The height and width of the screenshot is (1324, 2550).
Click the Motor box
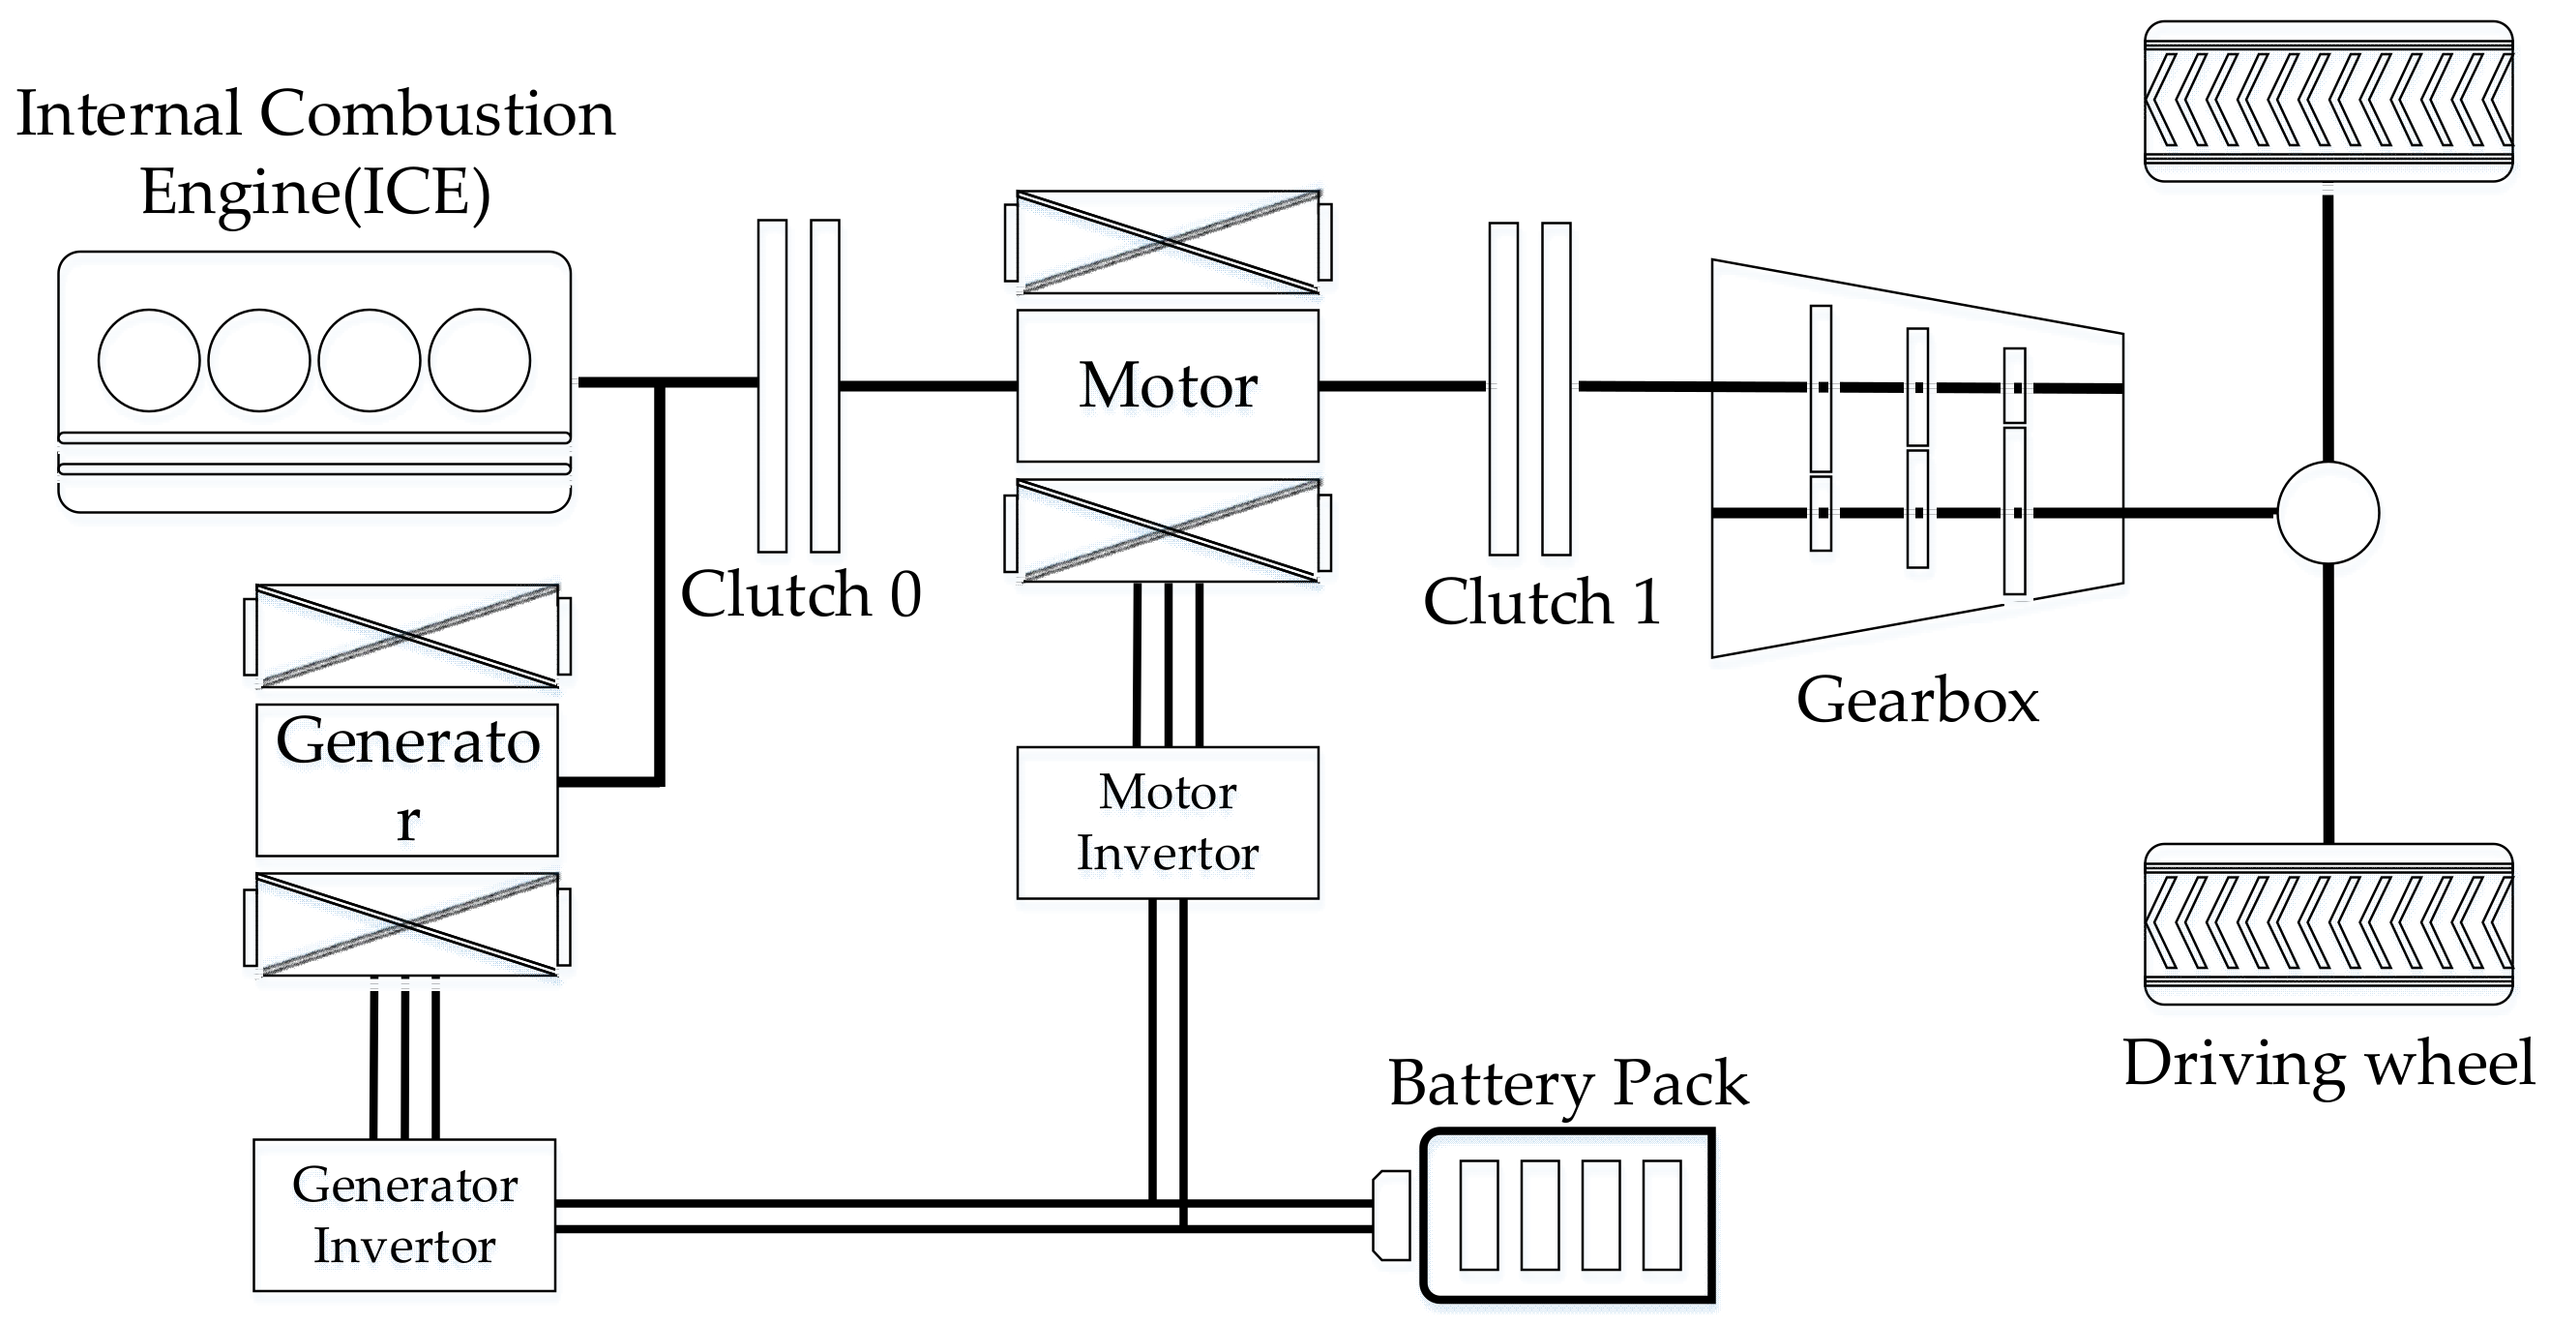click(x=1167, y=385)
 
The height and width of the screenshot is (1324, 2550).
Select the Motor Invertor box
click(x=1167, y=822)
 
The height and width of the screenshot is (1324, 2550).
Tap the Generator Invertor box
click(x=404, y=1214)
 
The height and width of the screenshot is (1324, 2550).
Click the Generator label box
click(x=407, y=779)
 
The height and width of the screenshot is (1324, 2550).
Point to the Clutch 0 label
click(x=800, y=594)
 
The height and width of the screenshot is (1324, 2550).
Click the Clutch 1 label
click(x=1541, y=601)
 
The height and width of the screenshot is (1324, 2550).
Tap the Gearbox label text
click(x=1916, y=700)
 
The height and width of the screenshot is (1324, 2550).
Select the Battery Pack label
click(x=1568, y=1082)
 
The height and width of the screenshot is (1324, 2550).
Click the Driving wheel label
click(x=2328, y=1063)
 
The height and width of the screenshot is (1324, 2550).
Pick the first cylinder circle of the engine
click(x=148, y=359)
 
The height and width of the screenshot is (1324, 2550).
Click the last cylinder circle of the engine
click(x=479, y=359)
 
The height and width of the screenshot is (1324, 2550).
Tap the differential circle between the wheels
click(x=2328, y=513)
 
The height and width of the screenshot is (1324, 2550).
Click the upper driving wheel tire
click(x=2328, y=101)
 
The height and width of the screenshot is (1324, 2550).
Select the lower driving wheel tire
click(x=2328, y=924)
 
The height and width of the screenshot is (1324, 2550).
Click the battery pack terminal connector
click(x=1391, y=1215)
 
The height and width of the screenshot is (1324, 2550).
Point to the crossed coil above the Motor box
click(x=1168, y=242)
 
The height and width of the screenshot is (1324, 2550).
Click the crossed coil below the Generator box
click(x=407, y=925)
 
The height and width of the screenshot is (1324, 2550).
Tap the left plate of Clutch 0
click(x=772, y=385)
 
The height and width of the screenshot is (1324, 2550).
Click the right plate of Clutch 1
click(x=1557, y=388)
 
